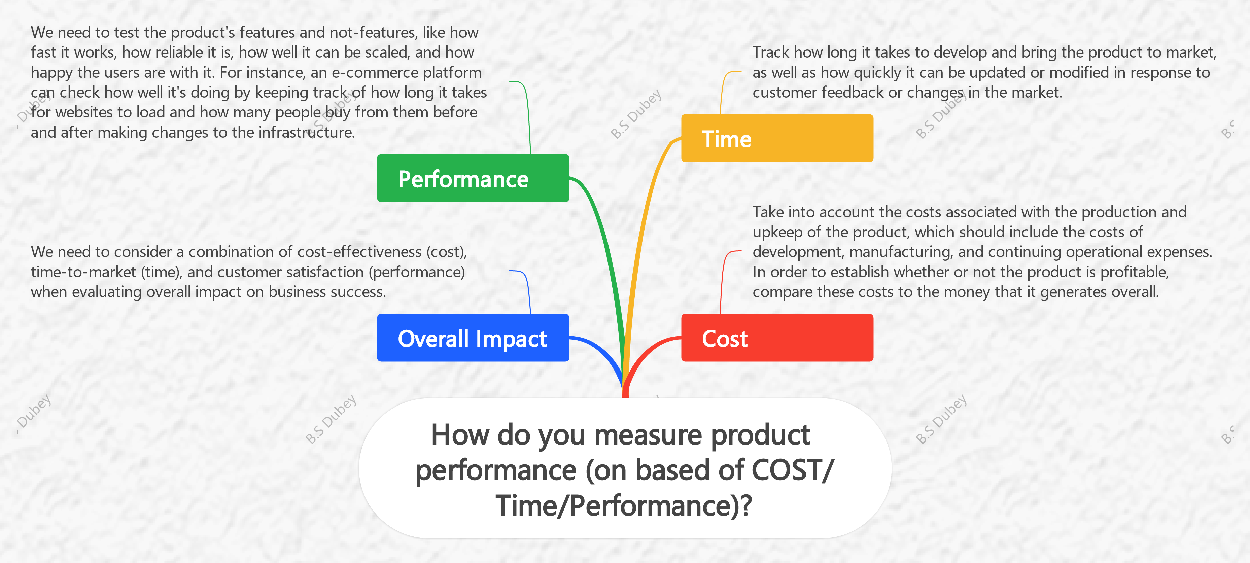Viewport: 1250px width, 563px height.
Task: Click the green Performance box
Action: pos(473,178)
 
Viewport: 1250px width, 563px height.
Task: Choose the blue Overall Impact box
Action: pos(473,338)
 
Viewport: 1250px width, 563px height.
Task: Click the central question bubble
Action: pos(625,468)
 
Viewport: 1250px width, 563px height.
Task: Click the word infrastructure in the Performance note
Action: pos(306,132)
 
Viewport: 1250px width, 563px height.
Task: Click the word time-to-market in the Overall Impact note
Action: pos(83,272)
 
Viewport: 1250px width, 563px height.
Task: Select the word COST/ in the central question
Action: pos(792,470)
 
